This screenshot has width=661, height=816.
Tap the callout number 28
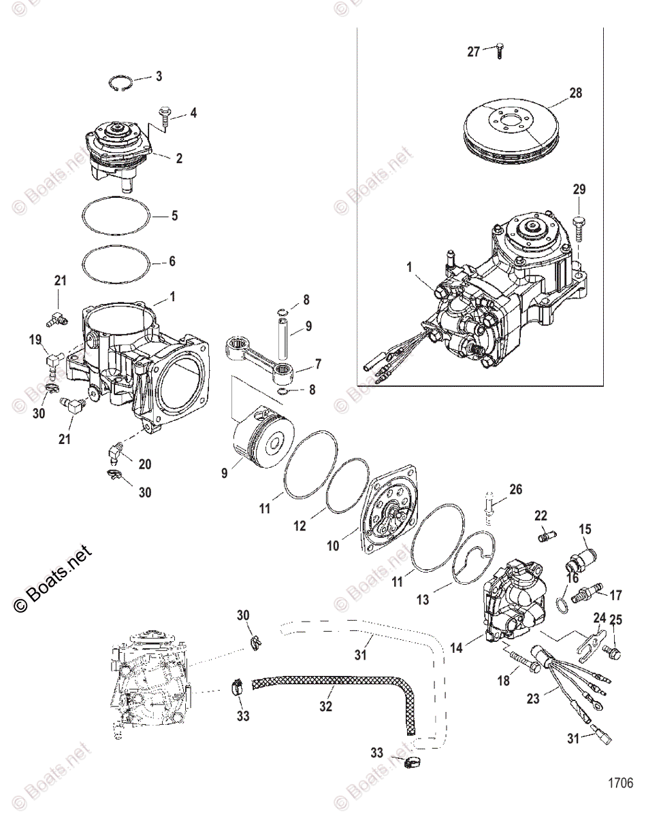tap(575, 93)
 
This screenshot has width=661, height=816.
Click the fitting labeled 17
tap(585, 596)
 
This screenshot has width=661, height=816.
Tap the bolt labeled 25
tap(611, 652)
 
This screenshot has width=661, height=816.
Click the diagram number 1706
tap(620, 783)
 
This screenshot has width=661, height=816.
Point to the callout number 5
tap(174, 216)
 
